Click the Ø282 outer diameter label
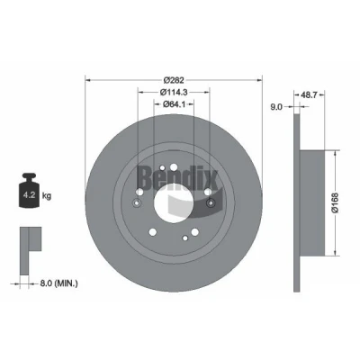(174, 80)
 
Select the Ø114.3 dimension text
(174, 93)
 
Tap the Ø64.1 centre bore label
(174, 104)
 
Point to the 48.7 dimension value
(309, 95)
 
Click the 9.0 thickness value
(276, 107)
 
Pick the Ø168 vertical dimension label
(335, 202)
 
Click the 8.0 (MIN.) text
(58, 283)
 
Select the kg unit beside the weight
(47, 196)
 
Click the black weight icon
(29, 190)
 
